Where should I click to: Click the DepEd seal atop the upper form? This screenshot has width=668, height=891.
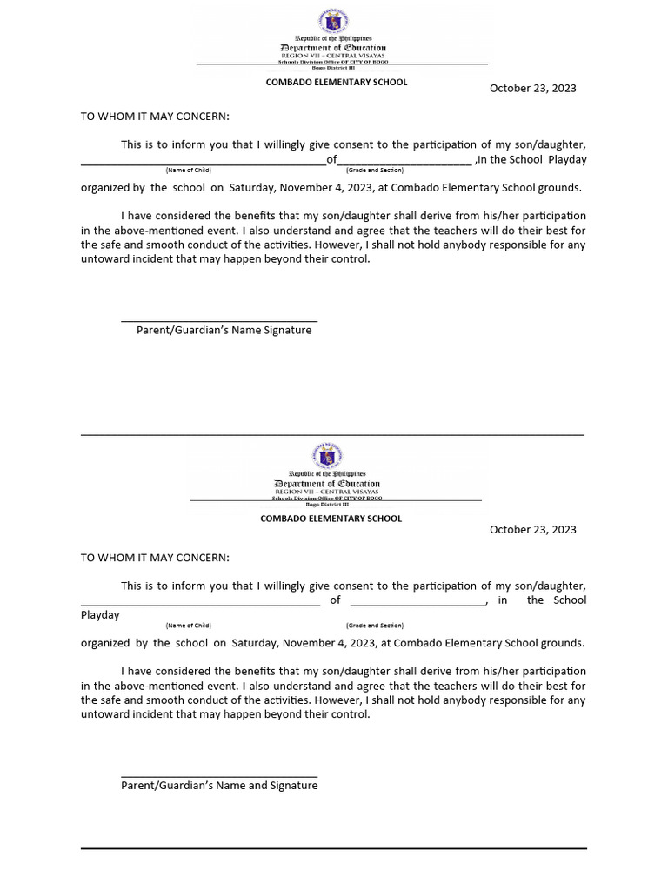point(333,19)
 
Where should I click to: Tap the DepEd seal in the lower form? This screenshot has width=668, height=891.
point(327,455)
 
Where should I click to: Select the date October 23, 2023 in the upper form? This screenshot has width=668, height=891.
point(532,88)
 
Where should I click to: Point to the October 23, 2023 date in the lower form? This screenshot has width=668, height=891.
point(532,529)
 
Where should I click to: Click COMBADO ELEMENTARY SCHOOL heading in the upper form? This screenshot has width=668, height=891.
point(336,82)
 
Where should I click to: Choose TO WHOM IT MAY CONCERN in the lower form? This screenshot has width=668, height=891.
point(155,557)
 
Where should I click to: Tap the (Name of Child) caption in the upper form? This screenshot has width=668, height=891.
point(188,171)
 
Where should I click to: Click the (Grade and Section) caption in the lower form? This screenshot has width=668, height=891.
point(374,626)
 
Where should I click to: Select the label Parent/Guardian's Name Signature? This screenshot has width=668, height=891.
point(224,331)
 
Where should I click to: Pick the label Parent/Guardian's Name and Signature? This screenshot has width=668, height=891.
point(219,786)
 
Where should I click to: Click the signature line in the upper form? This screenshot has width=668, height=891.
point(219,321)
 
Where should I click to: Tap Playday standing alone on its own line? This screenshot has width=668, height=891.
point(100,615)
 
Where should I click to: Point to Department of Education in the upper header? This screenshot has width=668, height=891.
point(333,48)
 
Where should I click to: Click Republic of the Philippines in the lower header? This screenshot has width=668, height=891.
point(327,473)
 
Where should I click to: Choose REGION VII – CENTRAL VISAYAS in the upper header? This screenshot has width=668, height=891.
point(333,56)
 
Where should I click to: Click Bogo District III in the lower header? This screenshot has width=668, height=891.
point(327,505)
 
